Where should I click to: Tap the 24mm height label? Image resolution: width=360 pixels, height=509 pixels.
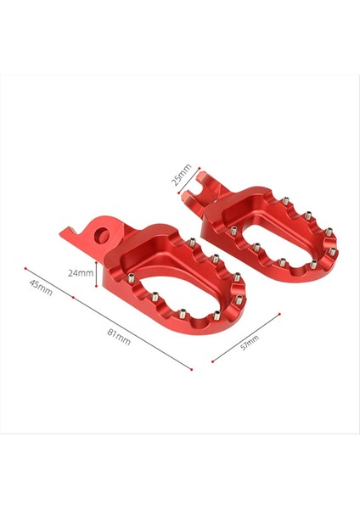pyautogui.click(x=81, y=273)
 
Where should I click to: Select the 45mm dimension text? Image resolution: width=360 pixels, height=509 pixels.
pyautogui.click(x=40, y=288)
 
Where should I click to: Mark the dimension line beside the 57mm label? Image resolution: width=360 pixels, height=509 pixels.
pyautogui.click(x=246, y=338)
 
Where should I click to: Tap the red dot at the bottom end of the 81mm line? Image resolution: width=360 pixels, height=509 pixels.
pyautogui.click(x=194, y=370)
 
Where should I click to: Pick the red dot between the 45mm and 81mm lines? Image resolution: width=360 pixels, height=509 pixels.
pyautogui.click(x=75, y=299)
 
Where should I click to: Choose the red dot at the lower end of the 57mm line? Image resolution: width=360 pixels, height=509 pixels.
pyautogui.click(x=212, y=361)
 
